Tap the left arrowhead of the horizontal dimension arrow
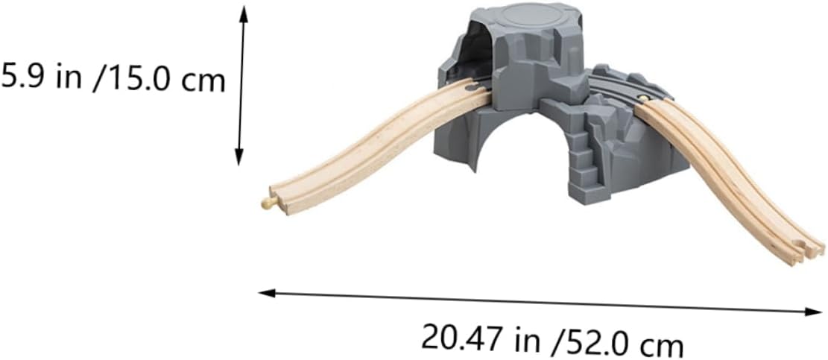coord(266,293)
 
